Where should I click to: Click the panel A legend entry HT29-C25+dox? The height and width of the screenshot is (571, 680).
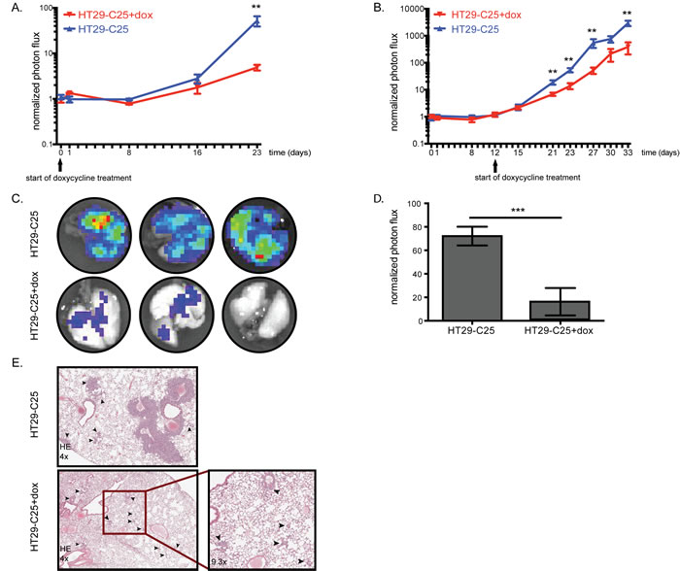coord(109,15)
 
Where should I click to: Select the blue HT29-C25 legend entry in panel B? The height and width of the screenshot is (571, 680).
coord(466,29)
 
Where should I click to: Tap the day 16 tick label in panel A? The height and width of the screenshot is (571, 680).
coord(197,152)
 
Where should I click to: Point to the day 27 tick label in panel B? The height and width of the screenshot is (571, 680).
coord(593,152)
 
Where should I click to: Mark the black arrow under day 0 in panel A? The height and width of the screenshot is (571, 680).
coord(60,165)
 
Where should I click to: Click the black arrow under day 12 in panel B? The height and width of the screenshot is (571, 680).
coord(494,165)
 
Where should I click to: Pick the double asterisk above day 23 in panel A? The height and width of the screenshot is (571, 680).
coord(256,8)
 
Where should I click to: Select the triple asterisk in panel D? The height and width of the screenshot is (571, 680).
coord(518,211)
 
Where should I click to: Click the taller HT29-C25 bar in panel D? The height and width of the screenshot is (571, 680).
coord(472,278)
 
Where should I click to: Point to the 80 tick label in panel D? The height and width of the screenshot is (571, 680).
coord(418,227)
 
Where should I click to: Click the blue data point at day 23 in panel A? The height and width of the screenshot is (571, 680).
coord(257,21)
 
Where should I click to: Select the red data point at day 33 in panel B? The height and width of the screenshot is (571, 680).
coord(628,48)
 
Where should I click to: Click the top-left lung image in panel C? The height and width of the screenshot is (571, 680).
coord(94,235)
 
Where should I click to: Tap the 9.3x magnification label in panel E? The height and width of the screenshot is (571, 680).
coord(219,562)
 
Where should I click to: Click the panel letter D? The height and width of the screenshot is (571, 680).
coord(378,198)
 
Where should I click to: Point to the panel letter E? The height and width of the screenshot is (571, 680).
coord(17,362)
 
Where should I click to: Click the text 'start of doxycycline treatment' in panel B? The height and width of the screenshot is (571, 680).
coord(527,178)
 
